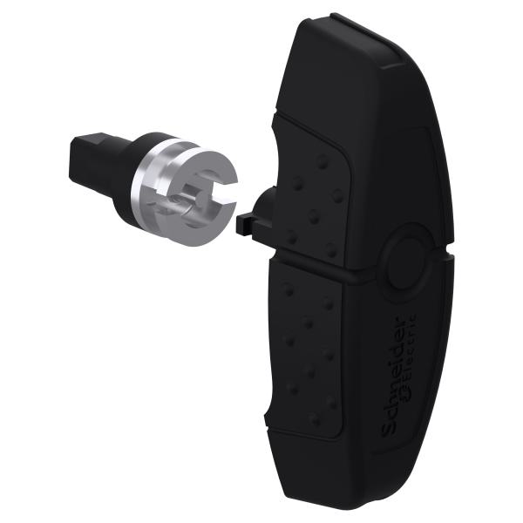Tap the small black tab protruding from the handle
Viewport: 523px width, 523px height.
click(245, 225)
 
